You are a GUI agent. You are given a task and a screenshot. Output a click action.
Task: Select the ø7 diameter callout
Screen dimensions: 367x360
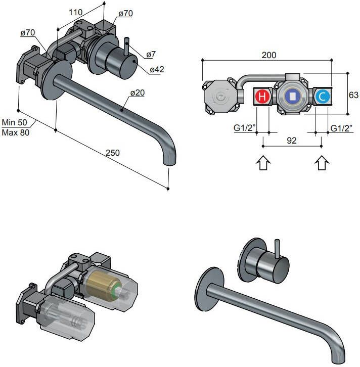151,54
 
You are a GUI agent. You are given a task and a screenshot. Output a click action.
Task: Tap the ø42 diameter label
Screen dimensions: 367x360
156,69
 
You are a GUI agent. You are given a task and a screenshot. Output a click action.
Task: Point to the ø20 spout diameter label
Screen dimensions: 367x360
137,93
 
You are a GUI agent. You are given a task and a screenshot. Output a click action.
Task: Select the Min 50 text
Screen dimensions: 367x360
15,123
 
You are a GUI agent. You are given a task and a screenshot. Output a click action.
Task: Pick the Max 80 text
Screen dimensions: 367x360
16,132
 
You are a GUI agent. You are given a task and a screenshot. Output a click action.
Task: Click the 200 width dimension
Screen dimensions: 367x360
269,55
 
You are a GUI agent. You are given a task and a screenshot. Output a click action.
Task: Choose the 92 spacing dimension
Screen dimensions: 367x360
292,142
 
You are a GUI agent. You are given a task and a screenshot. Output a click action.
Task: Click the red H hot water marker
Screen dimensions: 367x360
262,96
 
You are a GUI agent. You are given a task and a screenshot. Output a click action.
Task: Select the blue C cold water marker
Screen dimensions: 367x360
322,96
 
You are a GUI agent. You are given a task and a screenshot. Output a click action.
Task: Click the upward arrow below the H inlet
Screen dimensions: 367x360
264,163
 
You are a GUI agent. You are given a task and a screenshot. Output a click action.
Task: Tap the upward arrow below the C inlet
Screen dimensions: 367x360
322,163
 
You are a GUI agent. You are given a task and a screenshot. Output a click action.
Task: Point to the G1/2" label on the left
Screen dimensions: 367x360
244,128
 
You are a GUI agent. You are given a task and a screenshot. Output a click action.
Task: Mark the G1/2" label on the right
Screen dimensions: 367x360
341,128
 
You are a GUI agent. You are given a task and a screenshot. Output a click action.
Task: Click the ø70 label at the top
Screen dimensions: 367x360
125,14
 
